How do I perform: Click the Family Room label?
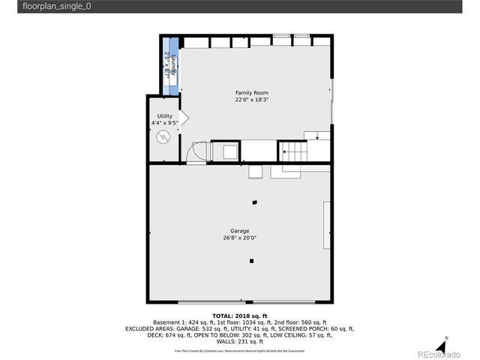pos(251,92)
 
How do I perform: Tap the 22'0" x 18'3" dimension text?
pos(251,100)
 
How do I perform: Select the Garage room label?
pos(239,231)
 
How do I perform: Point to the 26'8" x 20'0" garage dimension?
pos(239,238)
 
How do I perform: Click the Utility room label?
pos(164,116)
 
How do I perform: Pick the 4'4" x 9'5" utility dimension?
pos(164,123)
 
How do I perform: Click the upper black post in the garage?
pos(255,202)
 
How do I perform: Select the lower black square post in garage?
pos(252,261)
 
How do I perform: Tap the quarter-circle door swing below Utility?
pos(196,152)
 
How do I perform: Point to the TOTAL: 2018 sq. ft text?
pos(239,316)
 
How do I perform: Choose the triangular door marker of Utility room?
pos(184,118)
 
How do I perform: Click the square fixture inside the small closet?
pos(225,152)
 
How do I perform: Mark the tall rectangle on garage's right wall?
pos(325,225)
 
